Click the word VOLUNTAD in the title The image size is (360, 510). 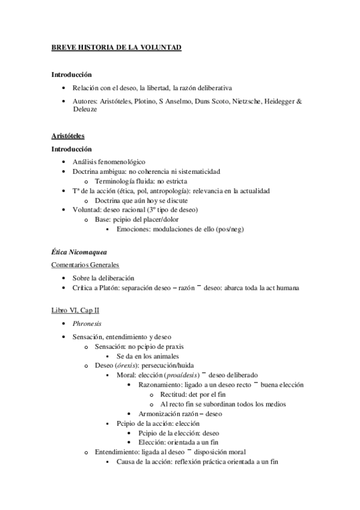click(x=160, y=46)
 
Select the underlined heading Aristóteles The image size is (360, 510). click(x=68, y=137)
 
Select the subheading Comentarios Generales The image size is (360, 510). click(x=85, y=265)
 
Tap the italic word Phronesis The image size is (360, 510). click(x=88, y=324)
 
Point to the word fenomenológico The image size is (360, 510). click(x=121, y=162)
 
